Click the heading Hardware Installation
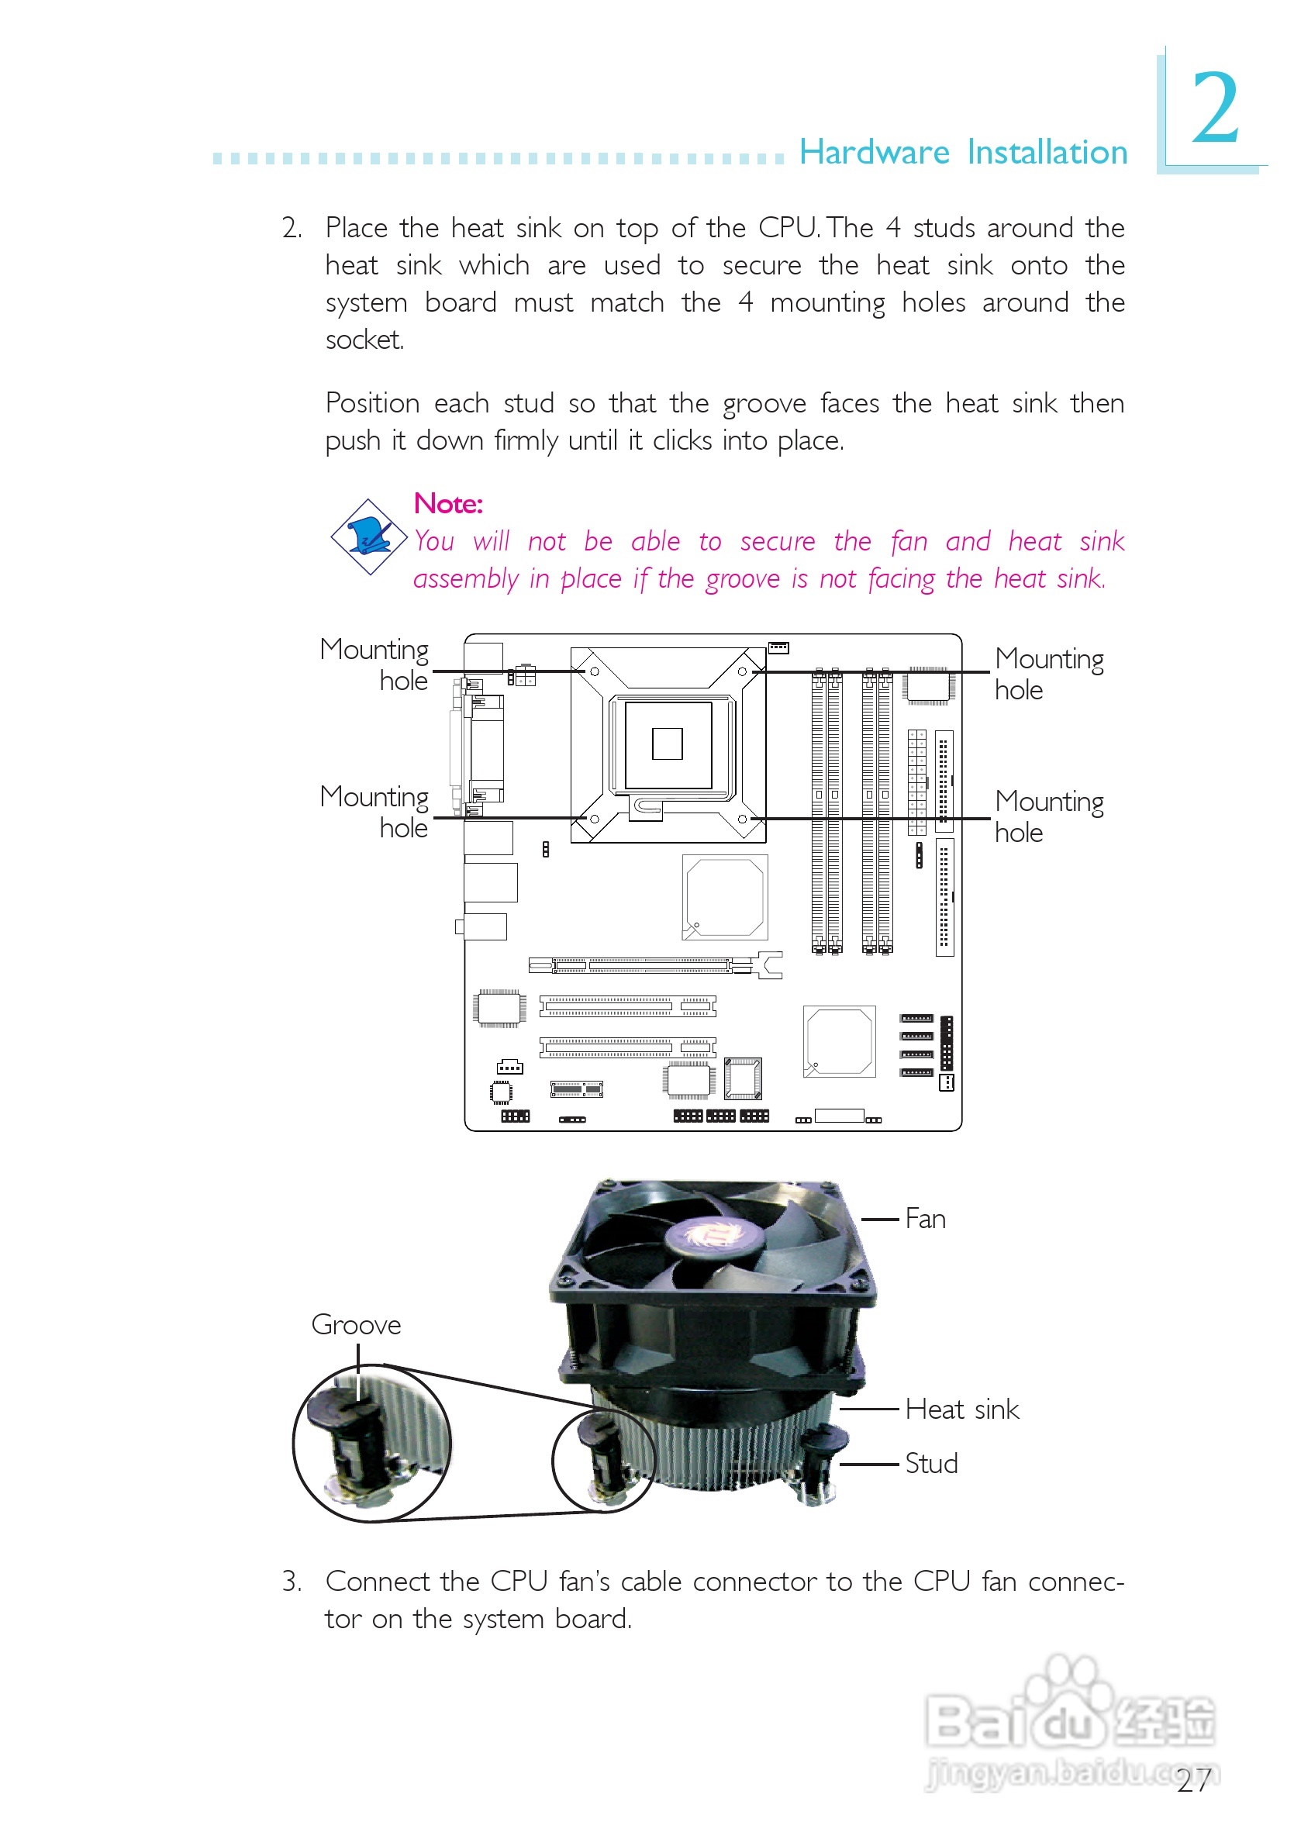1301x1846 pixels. [962, 152]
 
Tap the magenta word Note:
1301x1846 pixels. [448, 503]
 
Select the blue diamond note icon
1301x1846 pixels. [369, 537]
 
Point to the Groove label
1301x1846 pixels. [355, 1324]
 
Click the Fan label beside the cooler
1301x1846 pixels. [925, 1219]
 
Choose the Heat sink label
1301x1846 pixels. [961, 1410]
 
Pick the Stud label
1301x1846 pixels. [931, 1463]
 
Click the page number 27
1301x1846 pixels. [1193, 1781]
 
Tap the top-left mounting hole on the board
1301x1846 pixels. [594, 671]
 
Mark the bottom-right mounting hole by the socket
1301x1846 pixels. [742, 819]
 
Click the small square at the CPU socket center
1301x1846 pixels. [668, 744]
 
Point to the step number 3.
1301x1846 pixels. [291, 1581]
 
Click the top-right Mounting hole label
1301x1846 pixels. [1048, 674]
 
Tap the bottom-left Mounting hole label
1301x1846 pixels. [374, 812]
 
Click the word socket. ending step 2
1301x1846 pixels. [364, 340]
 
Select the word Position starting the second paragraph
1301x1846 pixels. [372, 403]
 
